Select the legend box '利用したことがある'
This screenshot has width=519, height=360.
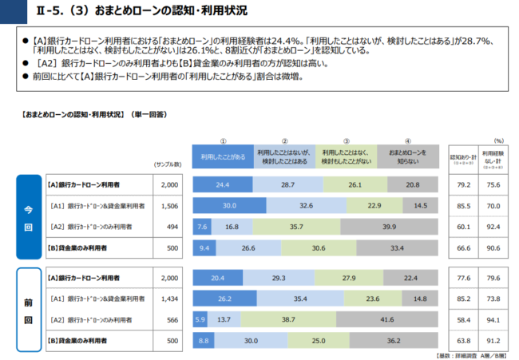click(223, 156)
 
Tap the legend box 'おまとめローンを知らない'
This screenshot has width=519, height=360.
click(407, 156)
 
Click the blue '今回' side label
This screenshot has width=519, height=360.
click(29, 216)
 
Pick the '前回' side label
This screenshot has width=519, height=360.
click(29, 308)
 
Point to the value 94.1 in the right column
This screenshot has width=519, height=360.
click(493, 319)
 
